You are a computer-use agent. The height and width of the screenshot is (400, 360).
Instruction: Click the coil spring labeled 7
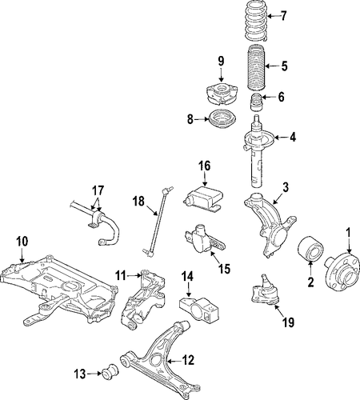[255, 21]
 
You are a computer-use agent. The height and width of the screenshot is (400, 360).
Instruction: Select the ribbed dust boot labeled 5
[256, 68]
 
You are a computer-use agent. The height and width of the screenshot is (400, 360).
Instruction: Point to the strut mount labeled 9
[221, 94]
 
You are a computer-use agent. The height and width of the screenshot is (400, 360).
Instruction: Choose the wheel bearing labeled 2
[310, 249]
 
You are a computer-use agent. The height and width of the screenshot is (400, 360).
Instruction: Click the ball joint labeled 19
[265, 290]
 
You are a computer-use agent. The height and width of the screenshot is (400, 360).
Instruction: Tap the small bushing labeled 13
[110, 370]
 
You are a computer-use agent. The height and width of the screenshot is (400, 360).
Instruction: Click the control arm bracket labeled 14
[199, 309]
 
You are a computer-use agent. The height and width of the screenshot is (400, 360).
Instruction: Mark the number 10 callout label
[22, 242]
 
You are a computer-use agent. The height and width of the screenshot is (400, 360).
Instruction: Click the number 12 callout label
[188, 360]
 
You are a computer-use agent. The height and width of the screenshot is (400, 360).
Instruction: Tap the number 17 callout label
[98, 190]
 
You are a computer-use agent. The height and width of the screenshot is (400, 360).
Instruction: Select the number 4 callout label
[293, 138]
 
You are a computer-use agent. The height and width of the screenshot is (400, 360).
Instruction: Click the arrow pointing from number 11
[134, 275]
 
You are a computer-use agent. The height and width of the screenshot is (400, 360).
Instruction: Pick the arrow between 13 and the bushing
[94, 374]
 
